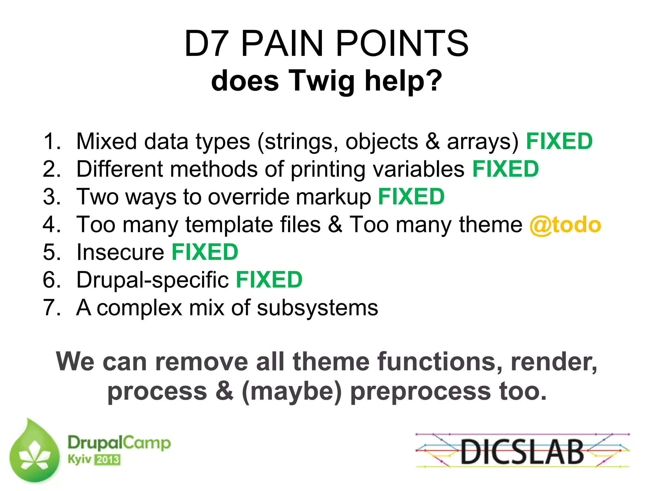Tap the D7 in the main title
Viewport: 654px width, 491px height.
tap(207, 44)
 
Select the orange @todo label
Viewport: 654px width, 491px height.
tap(565, 225)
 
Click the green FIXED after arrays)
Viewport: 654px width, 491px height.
tap(559, 141)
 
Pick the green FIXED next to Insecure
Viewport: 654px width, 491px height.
tap(205, 252)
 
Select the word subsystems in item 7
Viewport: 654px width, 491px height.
tap(317, 308)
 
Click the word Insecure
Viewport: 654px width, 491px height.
tap(120, 252)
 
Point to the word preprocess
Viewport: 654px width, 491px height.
tap(420, 392)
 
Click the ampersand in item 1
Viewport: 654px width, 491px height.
tap(432, 141)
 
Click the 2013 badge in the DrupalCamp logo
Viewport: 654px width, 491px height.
tap(107, 460)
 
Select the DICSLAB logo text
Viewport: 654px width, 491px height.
tap(522, 451)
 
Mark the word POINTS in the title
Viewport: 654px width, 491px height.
tap(402, 44)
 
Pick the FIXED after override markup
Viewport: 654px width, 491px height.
tap(411, 197)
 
